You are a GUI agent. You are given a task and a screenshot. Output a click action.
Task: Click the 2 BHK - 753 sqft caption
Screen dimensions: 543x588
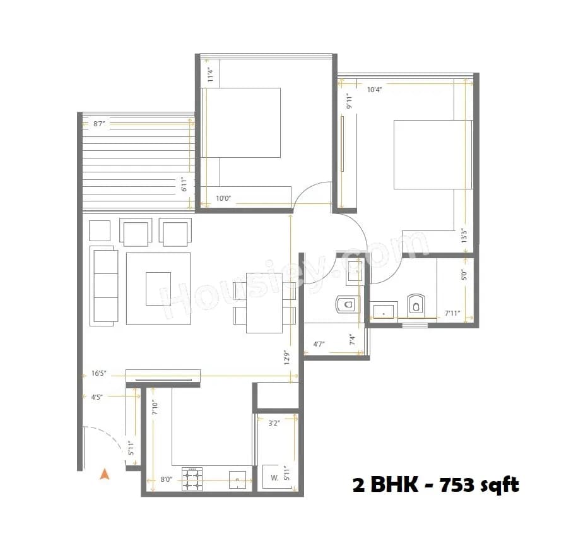pos(435,485)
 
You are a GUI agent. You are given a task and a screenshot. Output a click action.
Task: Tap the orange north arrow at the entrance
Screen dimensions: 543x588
pos(105,474)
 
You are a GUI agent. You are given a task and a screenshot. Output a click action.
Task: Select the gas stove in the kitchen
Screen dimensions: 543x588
pos(192,479)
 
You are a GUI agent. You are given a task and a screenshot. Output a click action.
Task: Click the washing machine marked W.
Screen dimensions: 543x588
pos(274,478)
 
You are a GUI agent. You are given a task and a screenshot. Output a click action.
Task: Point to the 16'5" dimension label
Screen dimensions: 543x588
pos(98,373)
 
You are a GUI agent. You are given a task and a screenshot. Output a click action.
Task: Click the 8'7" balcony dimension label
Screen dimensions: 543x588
pos(99,124)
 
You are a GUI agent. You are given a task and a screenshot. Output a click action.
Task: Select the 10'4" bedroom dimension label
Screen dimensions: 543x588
pos(375,90)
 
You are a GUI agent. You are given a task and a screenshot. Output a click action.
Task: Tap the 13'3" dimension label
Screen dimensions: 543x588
pos(464,236)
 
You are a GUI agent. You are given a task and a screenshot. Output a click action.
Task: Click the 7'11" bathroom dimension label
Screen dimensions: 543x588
pos(452,313)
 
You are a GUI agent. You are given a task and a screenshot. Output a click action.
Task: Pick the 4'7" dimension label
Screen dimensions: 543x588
pos(319,345)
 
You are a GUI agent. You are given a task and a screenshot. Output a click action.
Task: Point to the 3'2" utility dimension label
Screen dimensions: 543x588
pos(274,423)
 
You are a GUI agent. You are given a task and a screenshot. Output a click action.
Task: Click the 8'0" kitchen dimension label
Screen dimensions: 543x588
pos(167,480)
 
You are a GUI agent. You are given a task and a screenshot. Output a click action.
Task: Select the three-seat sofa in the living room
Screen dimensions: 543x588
pos(104,285)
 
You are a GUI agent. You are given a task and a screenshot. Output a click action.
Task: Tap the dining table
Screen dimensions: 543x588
pos(264,302)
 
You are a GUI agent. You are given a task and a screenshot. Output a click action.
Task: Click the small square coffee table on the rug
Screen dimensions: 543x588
pos(158,289)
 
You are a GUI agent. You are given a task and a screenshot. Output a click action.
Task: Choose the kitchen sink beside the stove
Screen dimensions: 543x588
pos(237,479)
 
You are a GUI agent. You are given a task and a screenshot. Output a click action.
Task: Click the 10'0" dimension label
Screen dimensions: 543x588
pos(223,198)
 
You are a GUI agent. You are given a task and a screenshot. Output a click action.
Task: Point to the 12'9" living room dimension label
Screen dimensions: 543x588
pos(286,358)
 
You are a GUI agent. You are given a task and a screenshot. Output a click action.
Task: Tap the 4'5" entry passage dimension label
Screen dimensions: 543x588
pos(97,397)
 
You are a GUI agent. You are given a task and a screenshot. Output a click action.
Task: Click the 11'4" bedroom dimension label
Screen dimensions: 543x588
pos(211,75)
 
